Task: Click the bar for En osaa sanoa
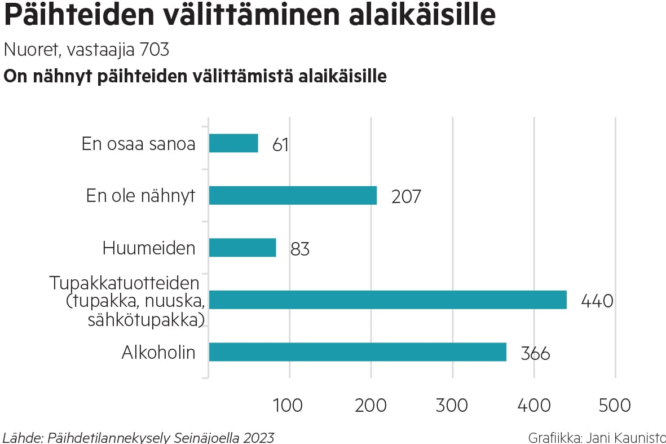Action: [233, 143]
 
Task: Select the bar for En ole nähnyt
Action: [293, 196]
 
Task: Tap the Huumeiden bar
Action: [242, 248]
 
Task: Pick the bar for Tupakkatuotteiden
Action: [387, 300]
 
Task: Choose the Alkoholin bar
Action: [358, 352]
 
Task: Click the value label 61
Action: [280, 145]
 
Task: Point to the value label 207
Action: [406, 197]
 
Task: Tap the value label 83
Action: [300, 249]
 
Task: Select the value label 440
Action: [597, 301]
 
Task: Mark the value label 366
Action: [535, 354]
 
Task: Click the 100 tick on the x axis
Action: [288, 405]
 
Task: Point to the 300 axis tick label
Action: [452, 405]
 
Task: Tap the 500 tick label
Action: [615, 405]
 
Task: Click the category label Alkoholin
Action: [158, 353]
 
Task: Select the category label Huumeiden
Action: [149, 248]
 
